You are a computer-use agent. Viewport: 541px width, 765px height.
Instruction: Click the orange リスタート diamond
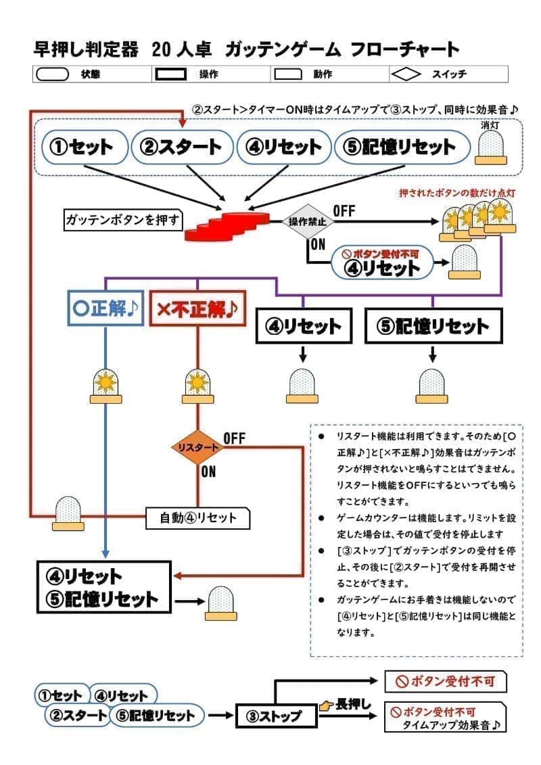tap(197, 447)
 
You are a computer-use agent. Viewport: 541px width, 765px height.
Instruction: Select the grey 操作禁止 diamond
tap(308, 221)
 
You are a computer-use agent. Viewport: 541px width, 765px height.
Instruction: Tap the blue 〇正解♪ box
tap(105, 309)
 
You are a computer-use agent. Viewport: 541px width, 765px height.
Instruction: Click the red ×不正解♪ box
tap(197, 309)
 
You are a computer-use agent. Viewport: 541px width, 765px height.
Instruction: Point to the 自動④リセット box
tap(198, 518)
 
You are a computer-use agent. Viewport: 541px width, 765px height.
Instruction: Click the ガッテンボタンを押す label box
tap(122, 219)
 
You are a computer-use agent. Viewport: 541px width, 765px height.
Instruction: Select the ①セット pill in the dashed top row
tap(85, 147)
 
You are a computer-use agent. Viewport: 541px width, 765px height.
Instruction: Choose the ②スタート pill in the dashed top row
tap(181, 147)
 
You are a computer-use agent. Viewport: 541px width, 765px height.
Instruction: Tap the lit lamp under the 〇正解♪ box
tap(105, 386)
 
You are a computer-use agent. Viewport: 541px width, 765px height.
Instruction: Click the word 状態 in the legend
tap(90, 74)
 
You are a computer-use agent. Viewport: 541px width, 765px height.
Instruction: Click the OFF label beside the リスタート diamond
tap(234, 438)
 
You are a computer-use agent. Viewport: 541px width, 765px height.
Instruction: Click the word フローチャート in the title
tap(405, 49)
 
